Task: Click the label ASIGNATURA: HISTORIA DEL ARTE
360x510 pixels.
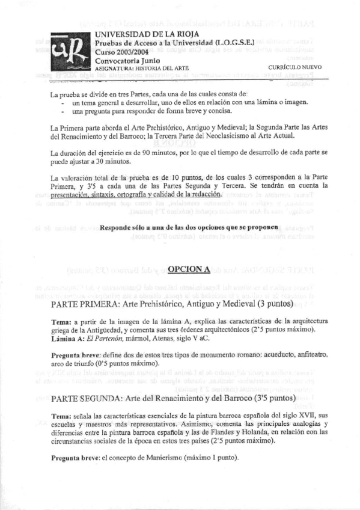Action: (141, 69)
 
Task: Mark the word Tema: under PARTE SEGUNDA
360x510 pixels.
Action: (63, 416)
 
